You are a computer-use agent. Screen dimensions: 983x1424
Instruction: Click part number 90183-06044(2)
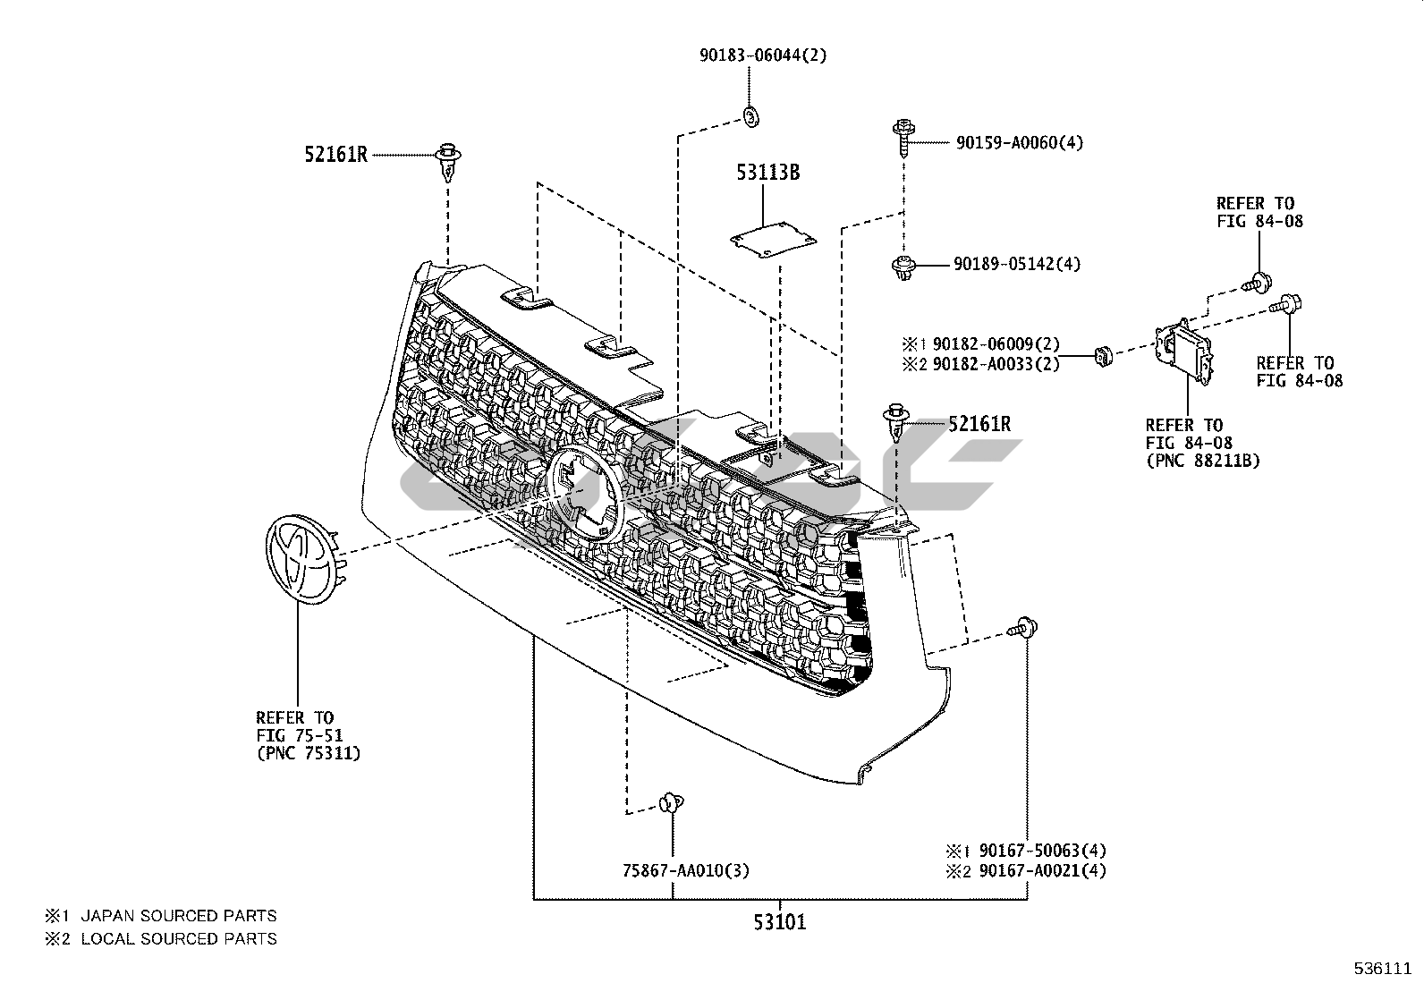763,55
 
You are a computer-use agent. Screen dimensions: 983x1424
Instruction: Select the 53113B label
767,173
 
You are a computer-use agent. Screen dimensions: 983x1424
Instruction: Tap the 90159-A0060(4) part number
1019,142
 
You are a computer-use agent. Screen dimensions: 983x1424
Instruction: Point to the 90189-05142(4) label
1016,264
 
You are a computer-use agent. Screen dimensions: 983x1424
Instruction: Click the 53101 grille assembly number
778,921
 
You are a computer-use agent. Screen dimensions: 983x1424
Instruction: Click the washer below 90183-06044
750,115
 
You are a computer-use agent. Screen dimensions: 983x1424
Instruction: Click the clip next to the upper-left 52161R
448,161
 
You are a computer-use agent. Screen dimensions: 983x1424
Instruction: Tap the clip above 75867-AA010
669,802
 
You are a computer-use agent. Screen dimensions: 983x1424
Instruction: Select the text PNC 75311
309,753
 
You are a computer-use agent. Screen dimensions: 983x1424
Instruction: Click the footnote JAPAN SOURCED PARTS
178,916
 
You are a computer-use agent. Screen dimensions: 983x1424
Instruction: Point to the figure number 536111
1383,968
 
